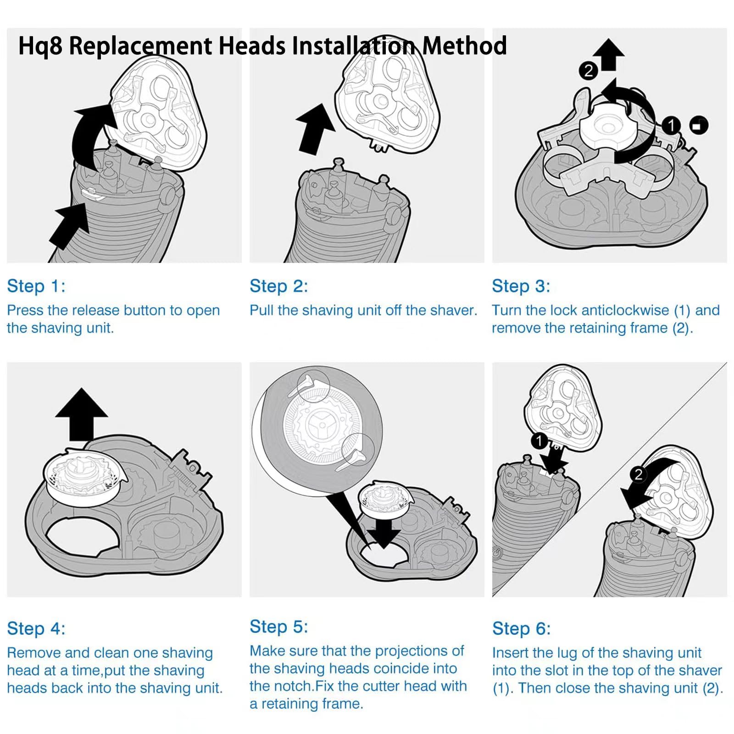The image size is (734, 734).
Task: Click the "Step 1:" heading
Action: coord(36,286)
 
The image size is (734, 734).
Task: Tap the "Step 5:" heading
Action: coord(278,626)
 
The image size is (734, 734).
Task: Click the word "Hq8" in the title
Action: coord(40,46)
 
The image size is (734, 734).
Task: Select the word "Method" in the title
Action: coord(464,46)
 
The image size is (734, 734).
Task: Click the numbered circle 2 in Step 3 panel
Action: coord(589,71)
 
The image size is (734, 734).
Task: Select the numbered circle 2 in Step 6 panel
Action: coord(638,474)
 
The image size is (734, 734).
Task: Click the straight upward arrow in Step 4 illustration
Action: coord(82,413)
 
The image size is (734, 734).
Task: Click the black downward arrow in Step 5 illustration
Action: coord(384,532)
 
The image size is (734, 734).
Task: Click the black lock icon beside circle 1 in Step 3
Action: coord(698,125)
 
